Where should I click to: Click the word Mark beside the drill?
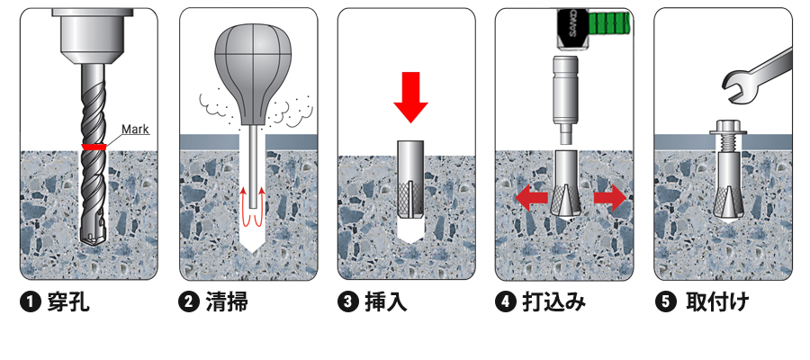click(135, 129)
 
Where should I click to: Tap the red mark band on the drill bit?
click(94, 147)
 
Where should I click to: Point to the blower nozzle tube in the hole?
click(253, 166)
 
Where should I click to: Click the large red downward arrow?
click(410, 97)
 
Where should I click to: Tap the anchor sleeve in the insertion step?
click(410, 179)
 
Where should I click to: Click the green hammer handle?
click(609, 24)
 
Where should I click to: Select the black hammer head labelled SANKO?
click(572, 29)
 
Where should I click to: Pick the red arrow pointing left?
click(532, 199)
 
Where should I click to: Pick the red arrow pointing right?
click(610, 199)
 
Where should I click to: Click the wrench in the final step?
click(757, 76)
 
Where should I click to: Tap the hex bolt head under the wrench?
click(727, 128)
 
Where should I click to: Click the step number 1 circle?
click(31, 302)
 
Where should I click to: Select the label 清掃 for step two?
click(227, 302)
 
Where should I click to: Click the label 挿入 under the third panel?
click(385, 302)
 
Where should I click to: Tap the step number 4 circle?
click(506, 302)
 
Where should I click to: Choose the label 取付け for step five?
click(717, 302)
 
